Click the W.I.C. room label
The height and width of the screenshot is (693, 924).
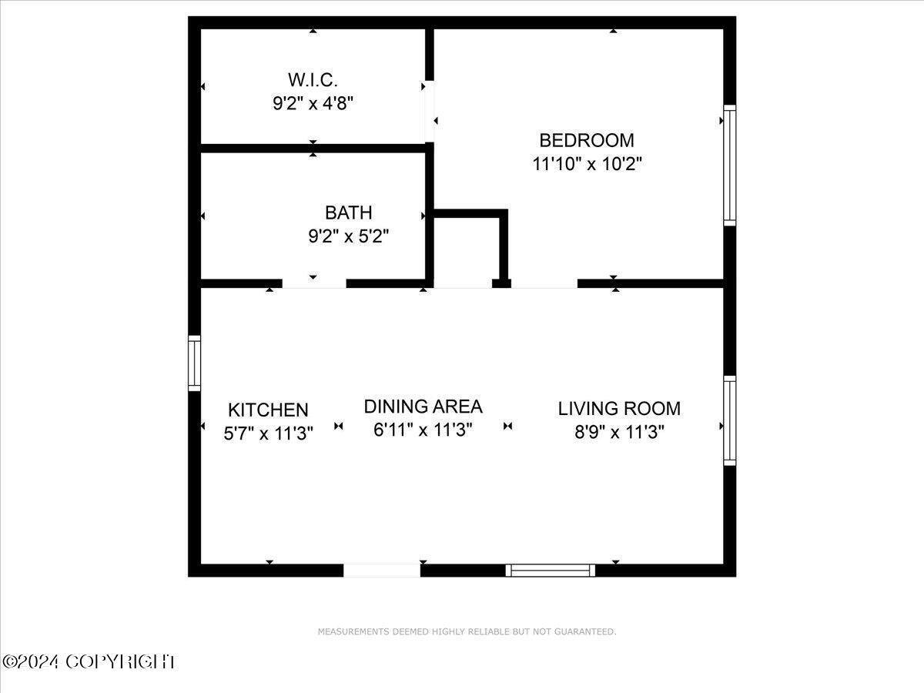point(313,80)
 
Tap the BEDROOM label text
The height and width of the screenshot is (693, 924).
point(587,141)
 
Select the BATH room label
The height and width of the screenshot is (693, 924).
point(349,213)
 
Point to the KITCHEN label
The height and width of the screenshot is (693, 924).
point(268,410)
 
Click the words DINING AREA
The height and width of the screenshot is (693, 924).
point(423,407)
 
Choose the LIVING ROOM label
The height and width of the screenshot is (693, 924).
point(619,409)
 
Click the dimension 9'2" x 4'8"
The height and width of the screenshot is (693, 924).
point(313,103)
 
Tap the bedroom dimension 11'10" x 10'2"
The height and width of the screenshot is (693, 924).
point(588,164)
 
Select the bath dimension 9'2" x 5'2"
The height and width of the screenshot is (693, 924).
point(349,236)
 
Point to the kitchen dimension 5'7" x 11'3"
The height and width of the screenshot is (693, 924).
point(268,433)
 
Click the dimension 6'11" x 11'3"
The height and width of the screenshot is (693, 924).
point(423,430)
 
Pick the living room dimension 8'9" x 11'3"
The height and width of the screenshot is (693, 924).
point(620,432)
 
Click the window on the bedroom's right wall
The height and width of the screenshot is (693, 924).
point(730,166)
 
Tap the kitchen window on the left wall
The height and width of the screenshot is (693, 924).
point(195,363)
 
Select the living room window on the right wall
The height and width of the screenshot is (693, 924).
point(730,420)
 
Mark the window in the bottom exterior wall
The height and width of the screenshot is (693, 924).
point(551,571)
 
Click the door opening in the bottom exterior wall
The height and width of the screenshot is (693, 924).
point(382,571)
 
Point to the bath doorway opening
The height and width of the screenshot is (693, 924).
point(314,283)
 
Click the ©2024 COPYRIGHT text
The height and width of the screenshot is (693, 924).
point(89,662)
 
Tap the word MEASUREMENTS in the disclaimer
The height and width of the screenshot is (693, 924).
point(353,631)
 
